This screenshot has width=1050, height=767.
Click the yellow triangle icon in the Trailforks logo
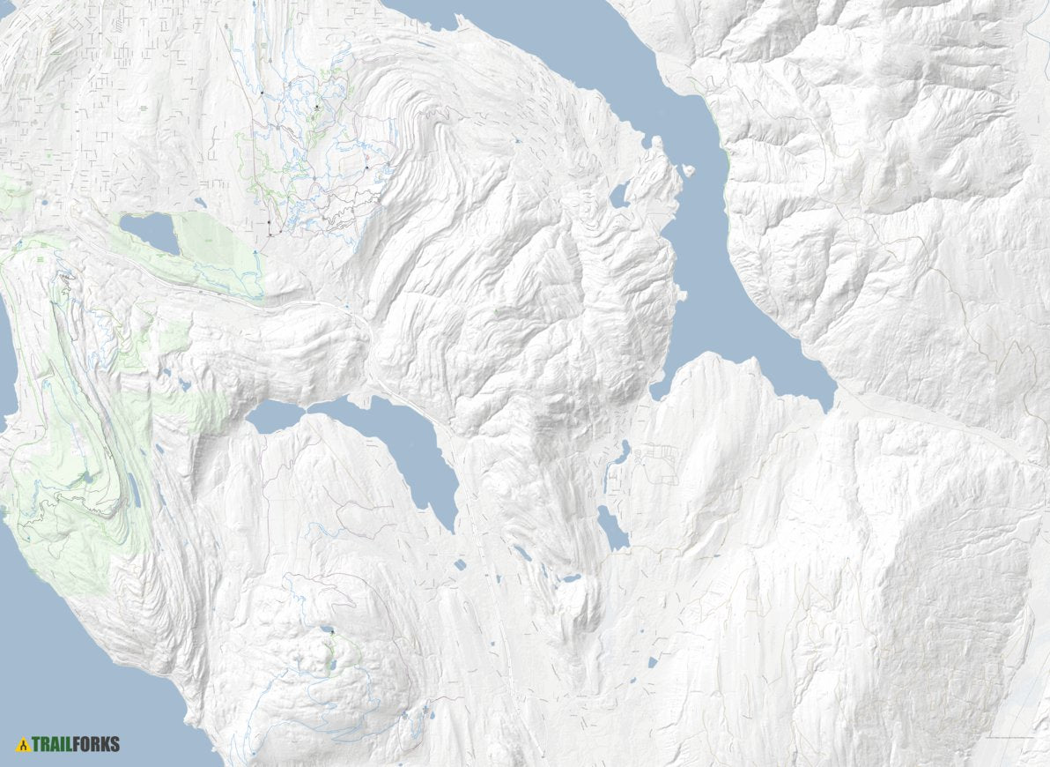pos(24,745)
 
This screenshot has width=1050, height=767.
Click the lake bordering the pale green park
pos(149,232)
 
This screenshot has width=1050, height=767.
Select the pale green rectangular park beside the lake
pos(216,251)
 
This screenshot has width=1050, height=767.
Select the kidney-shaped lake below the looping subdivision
pos(611,528)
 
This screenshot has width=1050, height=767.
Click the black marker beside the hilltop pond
pos(332,632)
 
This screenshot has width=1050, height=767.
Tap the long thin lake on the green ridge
pos(133,489)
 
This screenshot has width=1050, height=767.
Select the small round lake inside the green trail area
pos(87,477)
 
